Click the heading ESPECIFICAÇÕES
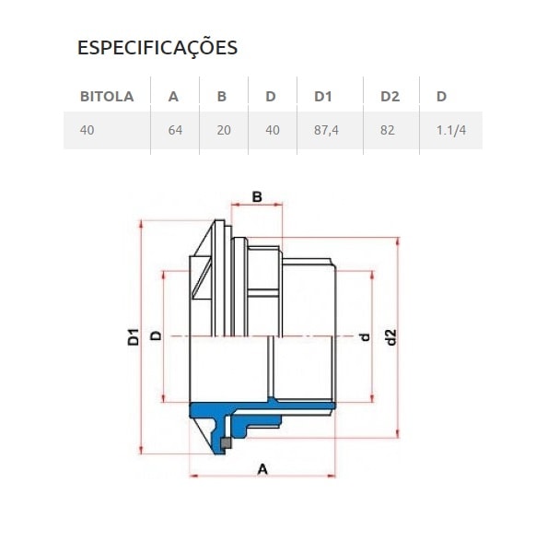(157, 48)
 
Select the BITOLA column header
(107, 96)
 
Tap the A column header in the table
(173, 96)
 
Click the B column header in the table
(221, 96)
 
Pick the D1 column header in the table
(322, 96)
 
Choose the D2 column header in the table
(389, 96)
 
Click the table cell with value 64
(176, 130)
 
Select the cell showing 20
(224, 130)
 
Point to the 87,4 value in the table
(327, 130)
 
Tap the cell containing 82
(387, 130)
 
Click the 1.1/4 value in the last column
(451, 130)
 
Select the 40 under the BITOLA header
(87, 130)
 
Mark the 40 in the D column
(272, 130)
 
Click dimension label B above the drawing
(257, 196)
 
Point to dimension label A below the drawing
(262, 469)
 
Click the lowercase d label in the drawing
(364, 336)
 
